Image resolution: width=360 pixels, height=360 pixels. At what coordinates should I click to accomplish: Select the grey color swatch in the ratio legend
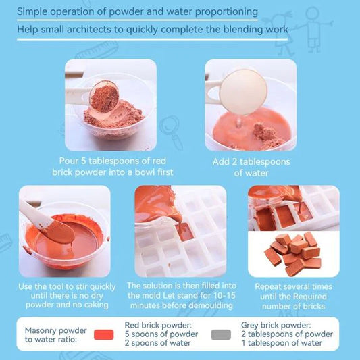(x=220, y=334)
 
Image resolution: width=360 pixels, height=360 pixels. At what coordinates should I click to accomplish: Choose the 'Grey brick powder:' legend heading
(x=277, y=325)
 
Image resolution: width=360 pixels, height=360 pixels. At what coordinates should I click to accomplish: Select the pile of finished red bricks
(x=292, y=253)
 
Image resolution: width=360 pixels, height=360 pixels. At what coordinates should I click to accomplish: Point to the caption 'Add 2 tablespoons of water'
(x=251, y=167)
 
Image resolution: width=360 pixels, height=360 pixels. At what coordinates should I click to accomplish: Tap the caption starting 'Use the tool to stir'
(x=64, y=296)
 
